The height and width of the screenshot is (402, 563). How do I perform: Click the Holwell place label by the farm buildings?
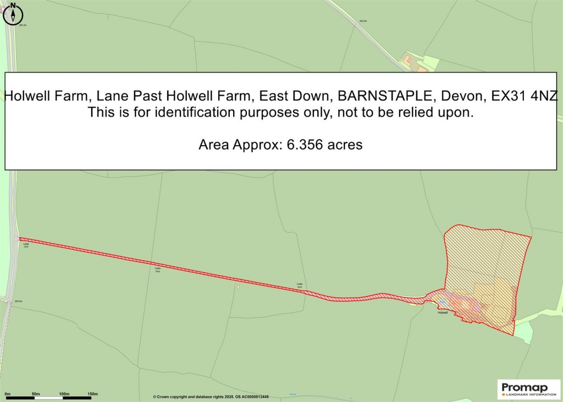[x=443, y=312]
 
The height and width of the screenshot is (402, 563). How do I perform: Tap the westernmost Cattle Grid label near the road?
[x=26, y=246]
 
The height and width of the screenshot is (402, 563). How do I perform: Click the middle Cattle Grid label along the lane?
[x=158, y=270]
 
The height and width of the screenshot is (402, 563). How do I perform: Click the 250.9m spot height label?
[x=18, y=301]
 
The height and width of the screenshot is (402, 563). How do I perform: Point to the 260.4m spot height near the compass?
[x=23, y=25]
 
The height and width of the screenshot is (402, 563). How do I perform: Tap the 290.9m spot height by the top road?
[x=362, y=21]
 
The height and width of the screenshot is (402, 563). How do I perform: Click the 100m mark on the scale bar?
[x=64, y=394]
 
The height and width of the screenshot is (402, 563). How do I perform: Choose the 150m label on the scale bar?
[x=92, y=394]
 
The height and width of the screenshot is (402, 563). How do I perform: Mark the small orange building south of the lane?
[x=238, y=287]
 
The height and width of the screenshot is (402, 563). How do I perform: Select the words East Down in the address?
[x=295, y=96]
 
